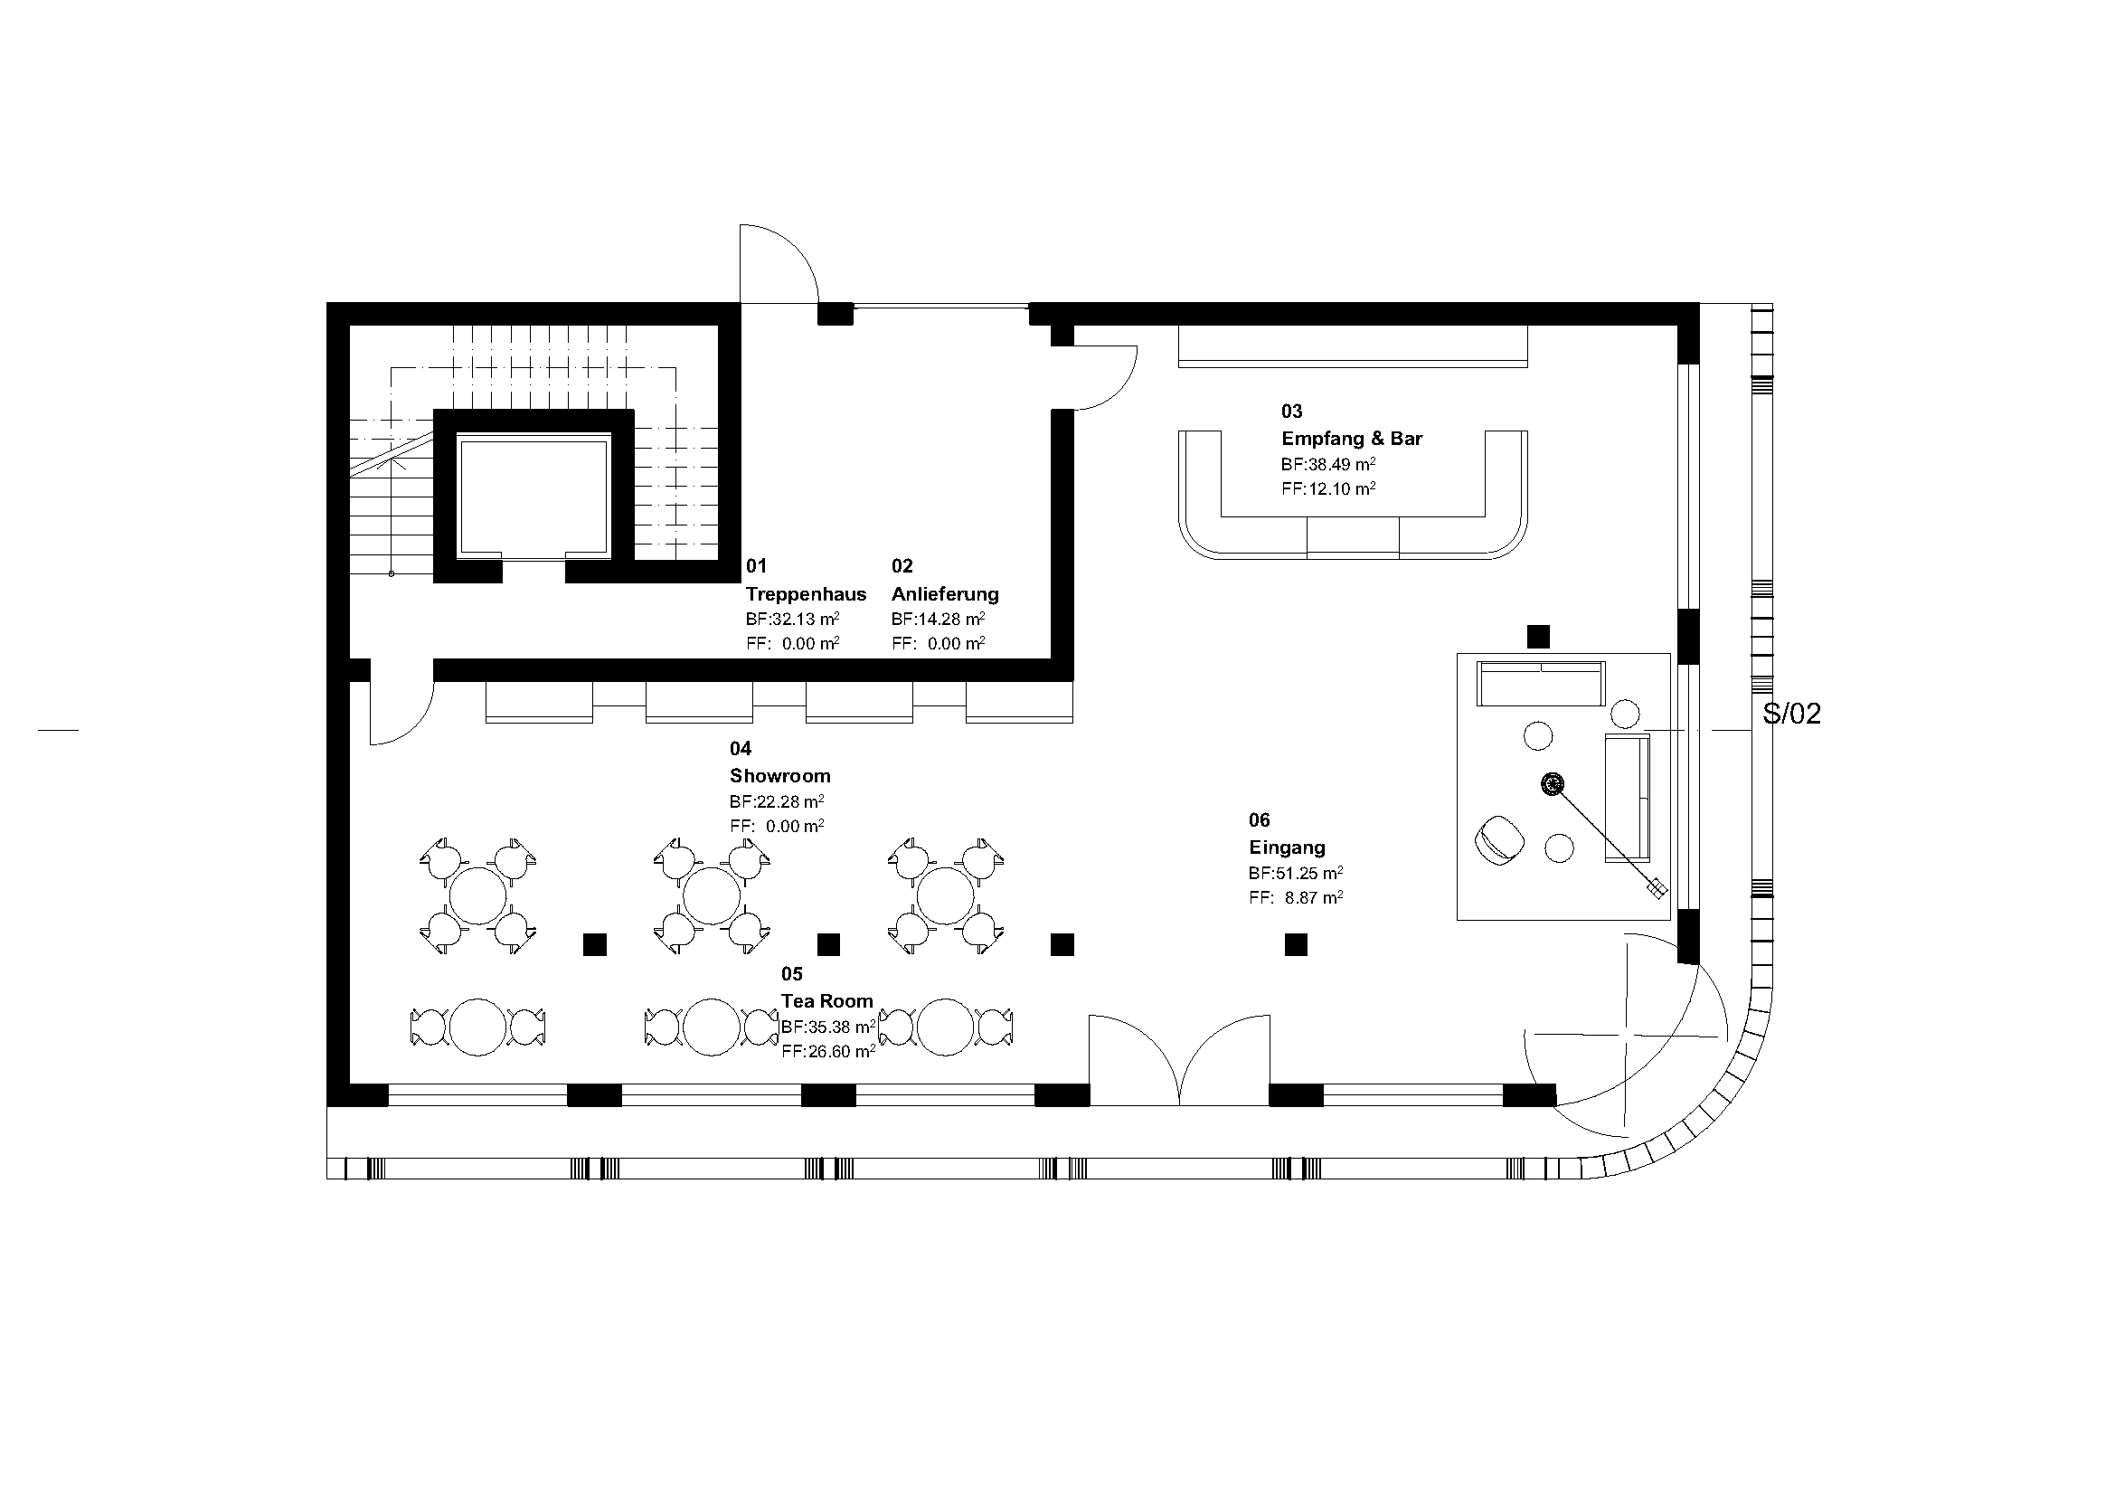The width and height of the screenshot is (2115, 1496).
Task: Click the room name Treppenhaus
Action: pos(806,594)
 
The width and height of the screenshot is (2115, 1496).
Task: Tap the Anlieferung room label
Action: pos(945,594)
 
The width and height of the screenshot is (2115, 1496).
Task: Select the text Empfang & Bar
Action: pos(1351,439)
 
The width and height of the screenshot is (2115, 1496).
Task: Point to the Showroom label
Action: pos(780,776)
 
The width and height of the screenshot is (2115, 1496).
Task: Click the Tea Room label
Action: pos(827,1000)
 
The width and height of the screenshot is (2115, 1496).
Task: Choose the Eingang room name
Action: pos(1287,847)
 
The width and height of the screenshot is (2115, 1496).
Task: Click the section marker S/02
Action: pos(1791,714)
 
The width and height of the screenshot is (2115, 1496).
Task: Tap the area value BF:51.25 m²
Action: pos(1295,872)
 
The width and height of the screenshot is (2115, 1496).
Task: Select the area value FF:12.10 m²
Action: pos(1328,488)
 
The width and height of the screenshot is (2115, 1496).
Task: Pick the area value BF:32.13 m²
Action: pos(792,619)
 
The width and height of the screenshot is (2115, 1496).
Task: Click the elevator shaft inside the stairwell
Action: pos(533,497)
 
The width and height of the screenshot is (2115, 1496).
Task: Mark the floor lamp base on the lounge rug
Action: pos(1553,784)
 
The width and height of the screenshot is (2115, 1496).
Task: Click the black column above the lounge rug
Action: pos(1538,637)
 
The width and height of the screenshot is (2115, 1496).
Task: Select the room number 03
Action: pos(1291,412)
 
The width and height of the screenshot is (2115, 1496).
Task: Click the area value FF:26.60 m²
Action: pos(828,1051)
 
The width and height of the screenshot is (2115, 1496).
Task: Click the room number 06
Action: pos(1260,819)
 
